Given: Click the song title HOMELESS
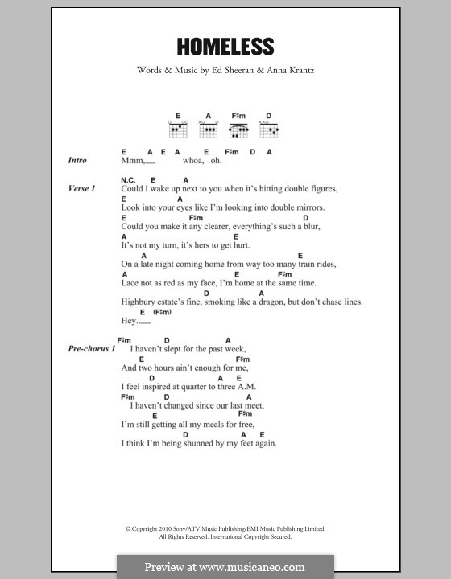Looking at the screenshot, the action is click(225, 47).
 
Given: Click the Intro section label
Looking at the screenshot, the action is click(78, 161).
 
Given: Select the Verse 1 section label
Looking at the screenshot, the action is click(82, 188).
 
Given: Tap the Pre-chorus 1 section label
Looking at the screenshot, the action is click(92, 349).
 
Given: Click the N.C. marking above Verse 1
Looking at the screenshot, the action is click(127, 179).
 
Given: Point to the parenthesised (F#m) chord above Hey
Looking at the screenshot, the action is click(162, 311).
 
